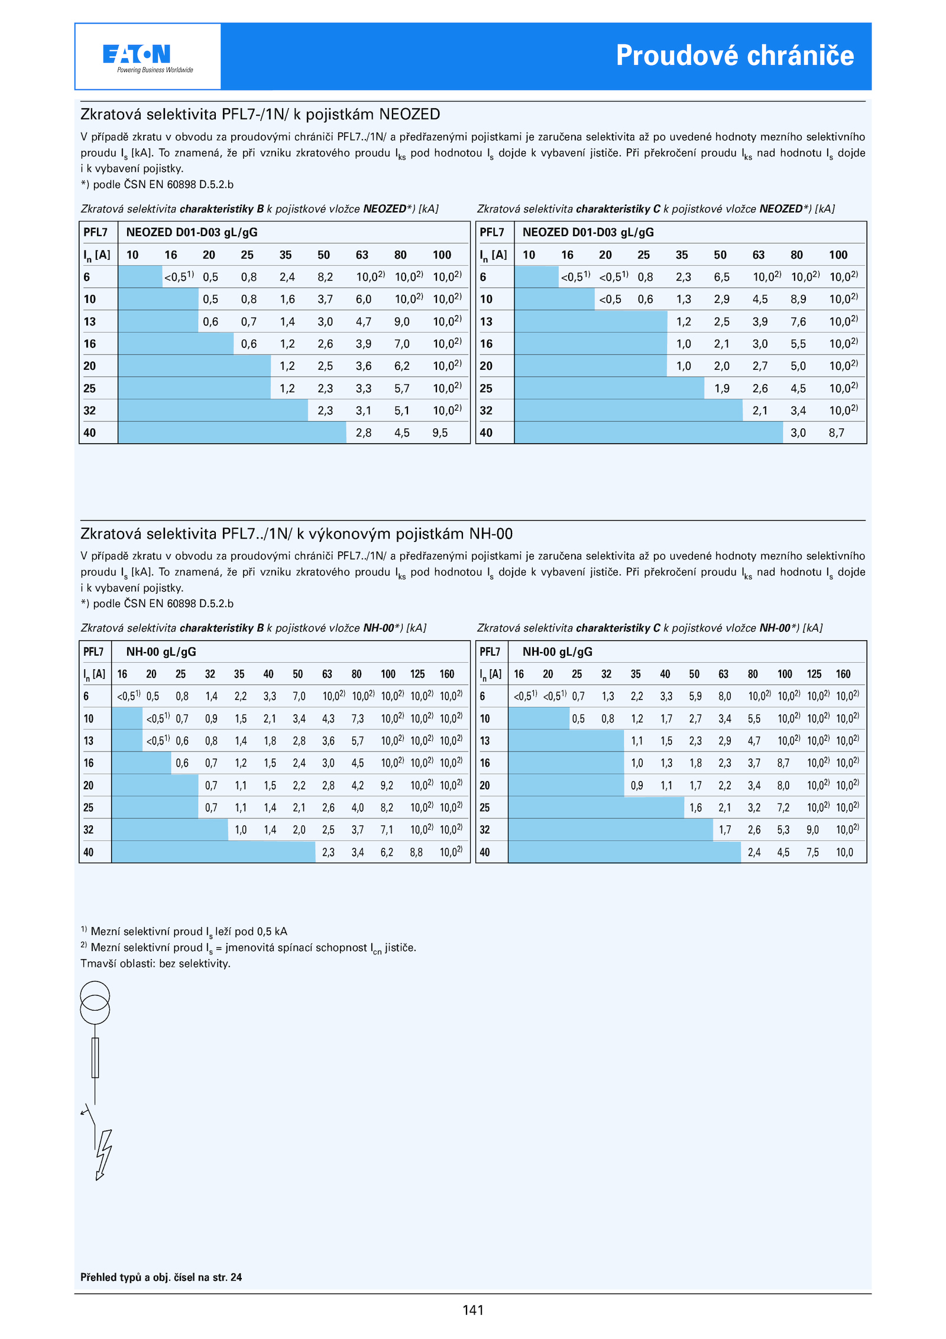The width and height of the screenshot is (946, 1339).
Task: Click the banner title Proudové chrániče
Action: [x=734, y=56]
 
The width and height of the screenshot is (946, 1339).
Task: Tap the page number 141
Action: [x=473, y=1310]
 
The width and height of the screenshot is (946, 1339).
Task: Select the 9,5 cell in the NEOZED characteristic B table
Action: [x=440, y=433]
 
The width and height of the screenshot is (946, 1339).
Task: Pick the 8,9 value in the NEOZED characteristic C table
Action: [x=798, y=299]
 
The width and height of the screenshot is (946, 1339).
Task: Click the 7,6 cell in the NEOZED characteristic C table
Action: [x=798, y=322]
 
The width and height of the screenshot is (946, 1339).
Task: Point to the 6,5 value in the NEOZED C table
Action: [x=721, y=277]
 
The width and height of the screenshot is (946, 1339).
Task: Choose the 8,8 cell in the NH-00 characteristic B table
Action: [x=416, y=853]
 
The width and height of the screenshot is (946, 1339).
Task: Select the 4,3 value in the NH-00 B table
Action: [x=328, y=719]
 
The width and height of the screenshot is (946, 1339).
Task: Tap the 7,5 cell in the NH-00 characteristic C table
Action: [x=812, y=853]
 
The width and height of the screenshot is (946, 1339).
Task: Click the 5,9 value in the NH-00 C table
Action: [x=695, y=696]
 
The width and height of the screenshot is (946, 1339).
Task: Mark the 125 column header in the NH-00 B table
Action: [x=417, y=674]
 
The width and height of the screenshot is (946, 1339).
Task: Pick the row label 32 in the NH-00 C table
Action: [x=485, y=830]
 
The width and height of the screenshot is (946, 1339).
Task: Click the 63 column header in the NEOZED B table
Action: [x=362, y=255]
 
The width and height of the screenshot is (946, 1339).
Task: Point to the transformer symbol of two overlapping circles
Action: [x=95, y=1002]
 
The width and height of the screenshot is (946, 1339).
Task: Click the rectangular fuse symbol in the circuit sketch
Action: [x=95, y=1057]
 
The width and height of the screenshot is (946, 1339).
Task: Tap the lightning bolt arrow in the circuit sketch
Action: [x=103, y=1154]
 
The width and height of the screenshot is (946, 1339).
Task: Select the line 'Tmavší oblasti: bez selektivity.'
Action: [x=155, y=964]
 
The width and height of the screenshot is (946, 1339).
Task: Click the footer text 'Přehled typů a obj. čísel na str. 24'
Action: [x=161, y=1277]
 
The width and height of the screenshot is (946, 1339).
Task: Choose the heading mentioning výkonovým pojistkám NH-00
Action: [x=296, y=534]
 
